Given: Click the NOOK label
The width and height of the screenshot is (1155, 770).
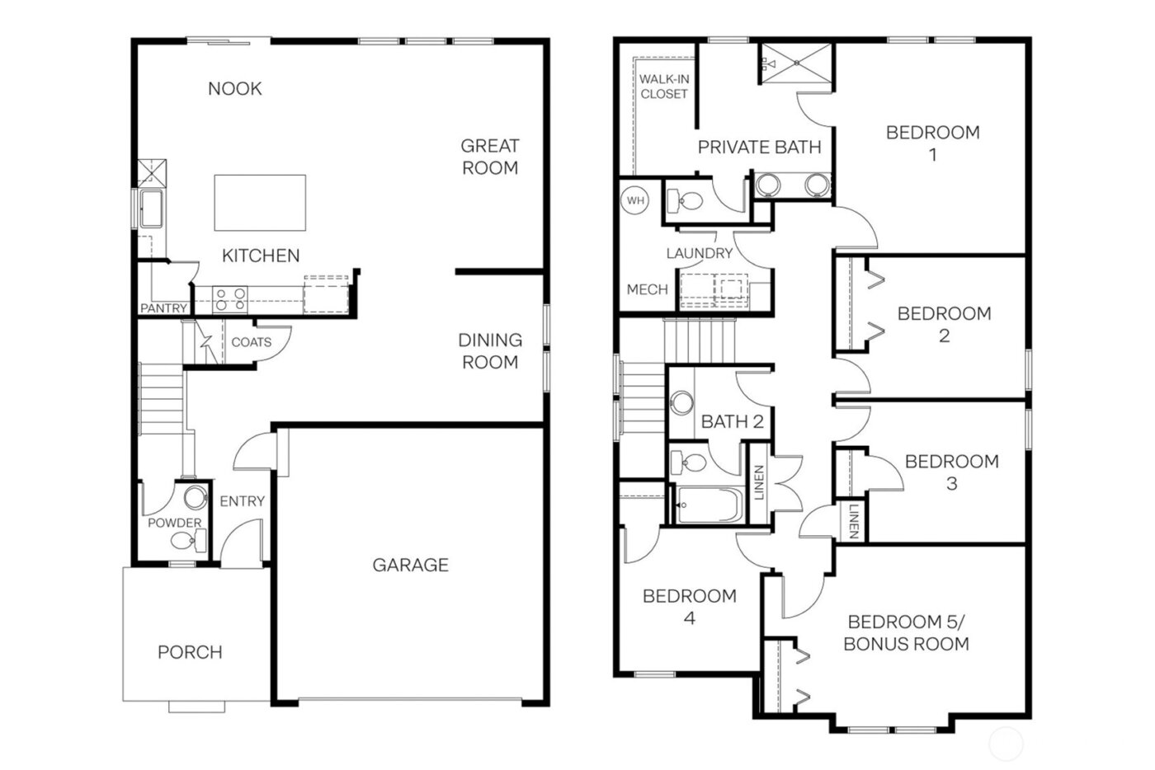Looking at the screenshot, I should pos(234,88).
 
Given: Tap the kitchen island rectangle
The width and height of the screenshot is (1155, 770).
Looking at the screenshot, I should pos(260,203).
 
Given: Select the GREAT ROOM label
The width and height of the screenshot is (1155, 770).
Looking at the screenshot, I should pos(489,157).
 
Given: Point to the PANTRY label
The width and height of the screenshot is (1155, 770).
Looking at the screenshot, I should pos(163,308).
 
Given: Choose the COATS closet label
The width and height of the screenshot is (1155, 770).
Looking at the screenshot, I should pos(251,341).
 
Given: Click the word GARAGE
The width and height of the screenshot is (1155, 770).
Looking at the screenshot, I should pos(410,565).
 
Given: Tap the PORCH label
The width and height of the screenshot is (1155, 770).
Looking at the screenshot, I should pos(190,652).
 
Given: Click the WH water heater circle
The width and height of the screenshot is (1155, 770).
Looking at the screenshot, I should pos(635,200).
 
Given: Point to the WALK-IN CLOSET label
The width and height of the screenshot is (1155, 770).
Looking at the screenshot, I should pos(663,87).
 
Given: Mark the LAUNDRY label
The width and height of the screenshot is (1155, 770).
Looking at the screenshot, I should pos(699,253).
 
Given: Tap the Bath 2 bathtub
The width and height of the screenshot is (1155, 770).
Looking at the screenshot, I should pos(709,504).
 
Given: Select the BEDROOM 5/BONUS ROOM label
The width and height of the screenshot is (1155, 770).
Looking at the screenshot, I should pos(906,633).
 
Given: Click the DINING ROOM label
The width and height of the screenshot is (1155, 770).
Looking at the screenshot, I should pos(489,350).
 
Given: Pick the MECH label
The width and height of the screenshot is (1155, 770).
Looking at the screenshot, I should pos(647,289).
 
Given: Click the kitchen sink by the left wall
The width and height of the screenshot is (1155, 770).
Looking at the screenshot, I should pos(150,209).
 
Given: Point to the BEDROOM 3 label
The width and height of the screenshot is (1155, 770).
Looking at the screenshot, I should pos(951,472).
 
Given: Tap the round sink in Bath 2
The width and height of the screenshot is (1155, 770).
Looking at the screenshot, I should pos(682,403).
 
